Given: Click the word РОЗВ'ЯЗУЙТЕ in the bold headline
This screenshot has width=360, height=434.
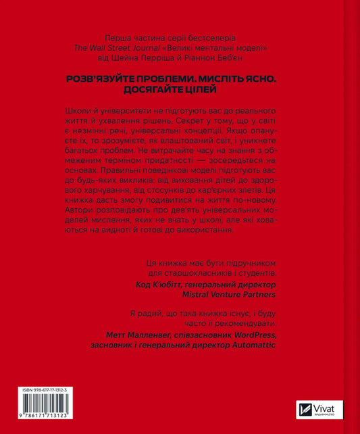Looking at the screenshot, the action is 105,79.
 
